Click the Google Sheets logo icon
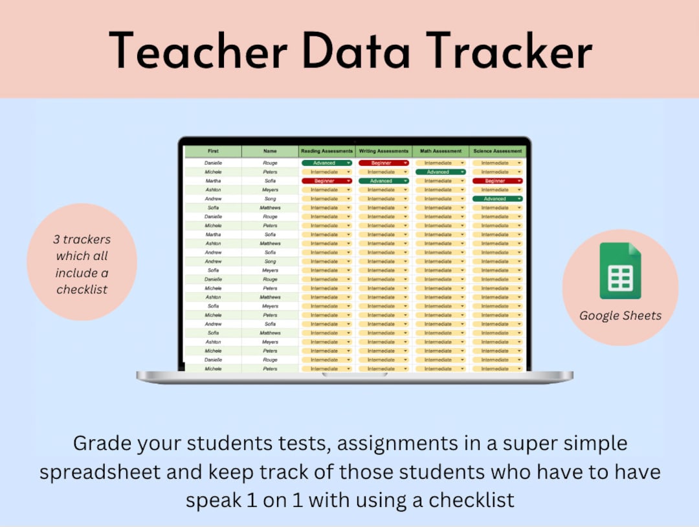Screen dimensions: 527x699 tap(620, 271)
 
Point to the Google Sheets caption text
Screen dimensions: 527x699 tap(620, 316)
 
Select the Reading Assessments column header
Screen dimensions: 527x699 tap(327, 151)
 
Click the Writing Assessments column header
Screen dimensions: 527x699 tap(384, 151)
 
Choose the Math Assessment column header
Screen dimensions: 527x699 tap(441, 151)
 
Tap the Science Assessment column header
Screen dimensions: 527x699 tap(498, 151)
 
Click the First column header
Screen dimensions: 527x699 tap(213, 151)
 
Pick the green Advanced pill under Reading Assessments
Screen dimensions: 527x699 tap(326, 163)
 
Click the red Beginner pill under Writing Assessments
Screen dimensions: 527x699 tap(383, 163)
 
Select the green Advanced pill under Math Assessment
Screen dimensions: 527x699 tap(440, 172)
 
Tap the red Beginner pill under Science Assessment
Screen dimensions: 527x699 tap(497, 182)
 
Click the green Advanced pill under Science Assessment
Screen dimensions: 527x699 tap(497, 199)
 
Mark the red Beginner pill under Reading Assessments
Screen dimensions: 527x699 tap(326, 182)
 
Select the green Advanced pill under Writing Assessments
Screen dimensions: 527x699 tap(383, 182)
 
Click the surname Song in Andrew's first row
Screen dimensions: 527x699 tap(270, 199)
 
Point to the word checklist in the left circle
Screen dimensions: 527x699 tap(82, 290)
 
